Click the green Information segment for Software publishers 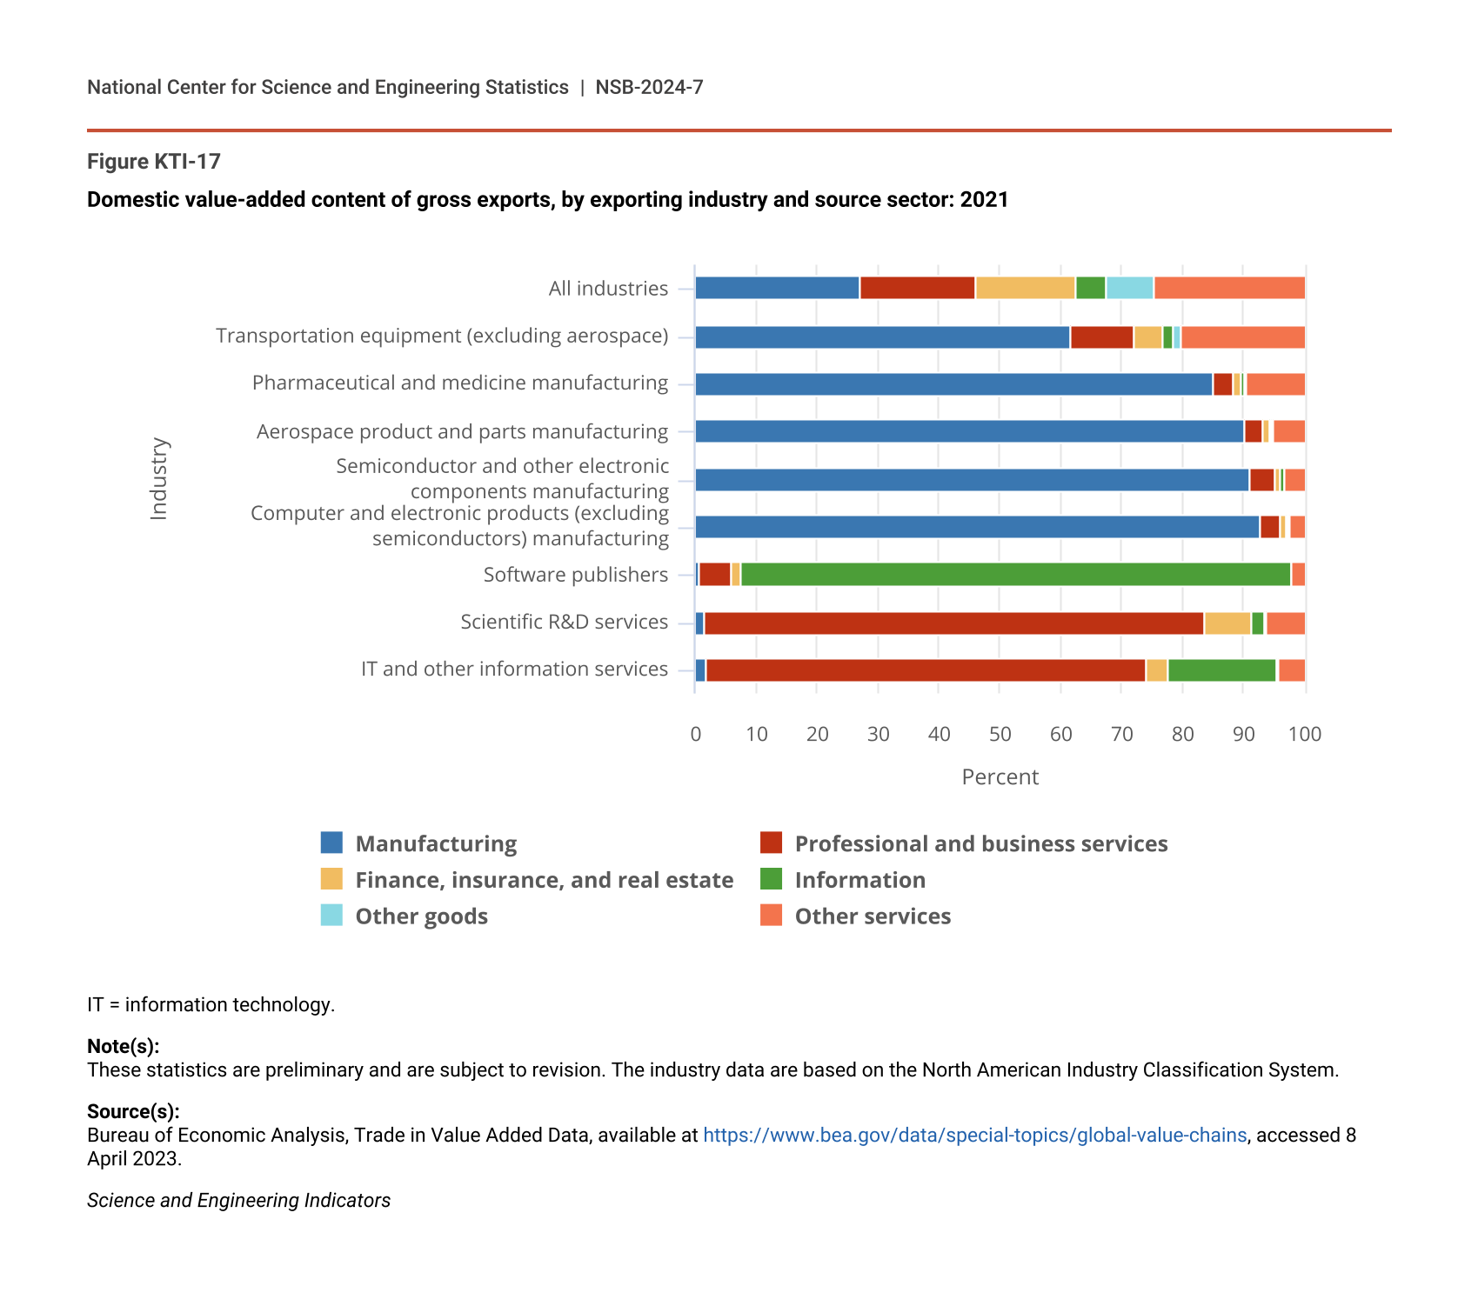[1015, 575]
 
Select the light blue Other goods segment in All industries [1129, 288]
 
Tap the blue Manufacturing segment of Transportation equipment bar [882, 337]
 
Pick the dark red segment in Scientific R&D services [953, 623]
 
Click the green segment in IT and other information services [1221, 670]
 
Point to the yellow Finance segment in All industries [1025, 288]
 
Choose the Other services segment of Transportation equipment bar [1242, 337]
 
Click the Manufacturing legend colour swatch [331, 843]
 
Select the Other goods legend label [421, 916]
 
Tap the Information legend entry [859, 880]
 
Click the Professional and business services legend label [980, 843]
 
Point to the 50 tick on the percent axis [1000, 734]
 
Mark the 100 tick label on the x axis [1304, 734]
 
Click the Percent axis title [1000, 776]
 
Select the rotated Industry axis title [158, 478]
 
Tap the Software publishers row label [576, 575]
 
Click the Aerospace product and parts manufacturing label [462, 431]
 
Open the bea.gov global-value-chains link [974, 1135]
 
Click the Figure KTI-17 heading [154, 162]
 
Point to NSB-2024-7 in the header [649, 87]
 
